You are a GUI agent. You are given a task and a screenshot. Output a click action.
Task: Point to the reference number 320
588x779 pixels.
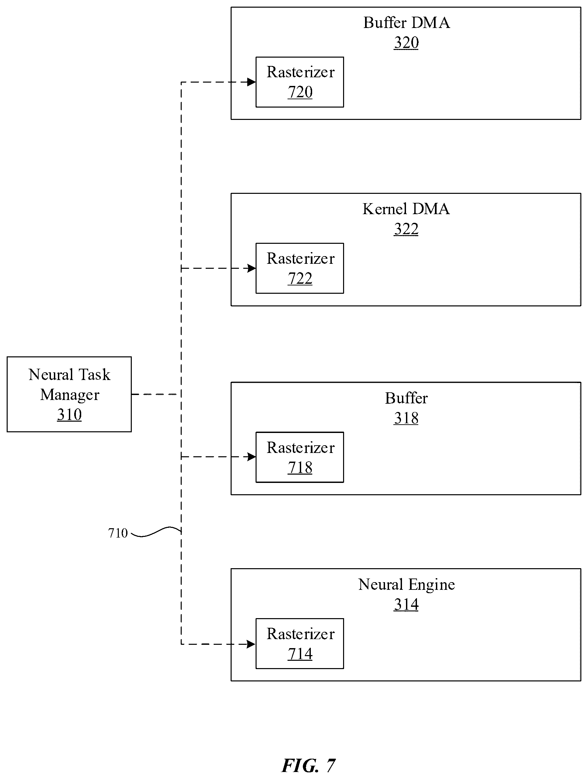tap(406, 43)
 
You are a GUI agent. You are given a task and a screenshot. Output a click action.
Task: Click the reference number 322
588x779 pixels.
tap(406, 229)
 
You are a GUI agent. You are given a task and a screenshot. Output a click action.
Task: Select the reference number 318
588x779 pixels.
tap(406, 418)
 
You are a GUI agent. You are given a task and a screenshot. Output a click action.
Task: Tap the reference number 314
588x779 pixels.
tap(406, 605)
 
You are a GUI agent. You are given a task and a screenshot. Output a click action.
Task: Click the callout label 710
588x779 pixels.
tap(117, 533)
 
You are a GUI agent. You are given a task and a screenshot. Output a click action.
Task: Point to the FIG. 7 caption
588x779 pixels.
tap(308, 765)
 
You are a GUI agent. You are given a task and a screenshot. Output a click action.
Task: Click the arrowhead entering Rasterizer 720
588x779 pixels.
tap(251, 82)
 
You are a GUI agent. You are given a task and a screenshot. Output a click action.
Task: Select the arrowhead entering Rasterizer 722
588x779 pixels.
tap(251, 268)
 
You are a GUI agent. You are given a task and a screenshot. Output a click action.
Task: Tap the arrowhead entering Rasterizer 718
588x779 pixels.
tap(251, 457)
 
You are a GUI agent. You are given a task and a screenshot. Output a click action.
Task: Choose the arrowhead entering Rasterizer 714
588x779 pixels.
tap(251, 644)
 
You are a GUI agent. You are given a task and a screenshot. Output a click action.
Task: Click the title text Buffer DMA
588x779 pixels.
tap(406, 23)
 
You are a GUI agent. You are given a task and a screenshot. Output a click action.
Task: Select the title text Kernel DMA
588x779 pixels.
tap(406, 209)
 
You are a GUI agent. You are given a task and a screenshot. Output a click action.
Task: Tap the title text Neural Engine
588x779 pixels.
tap(406, 585)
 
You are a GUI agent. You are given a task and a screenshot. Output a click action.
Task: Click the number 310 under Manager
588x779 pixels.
tap(69, 415)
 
